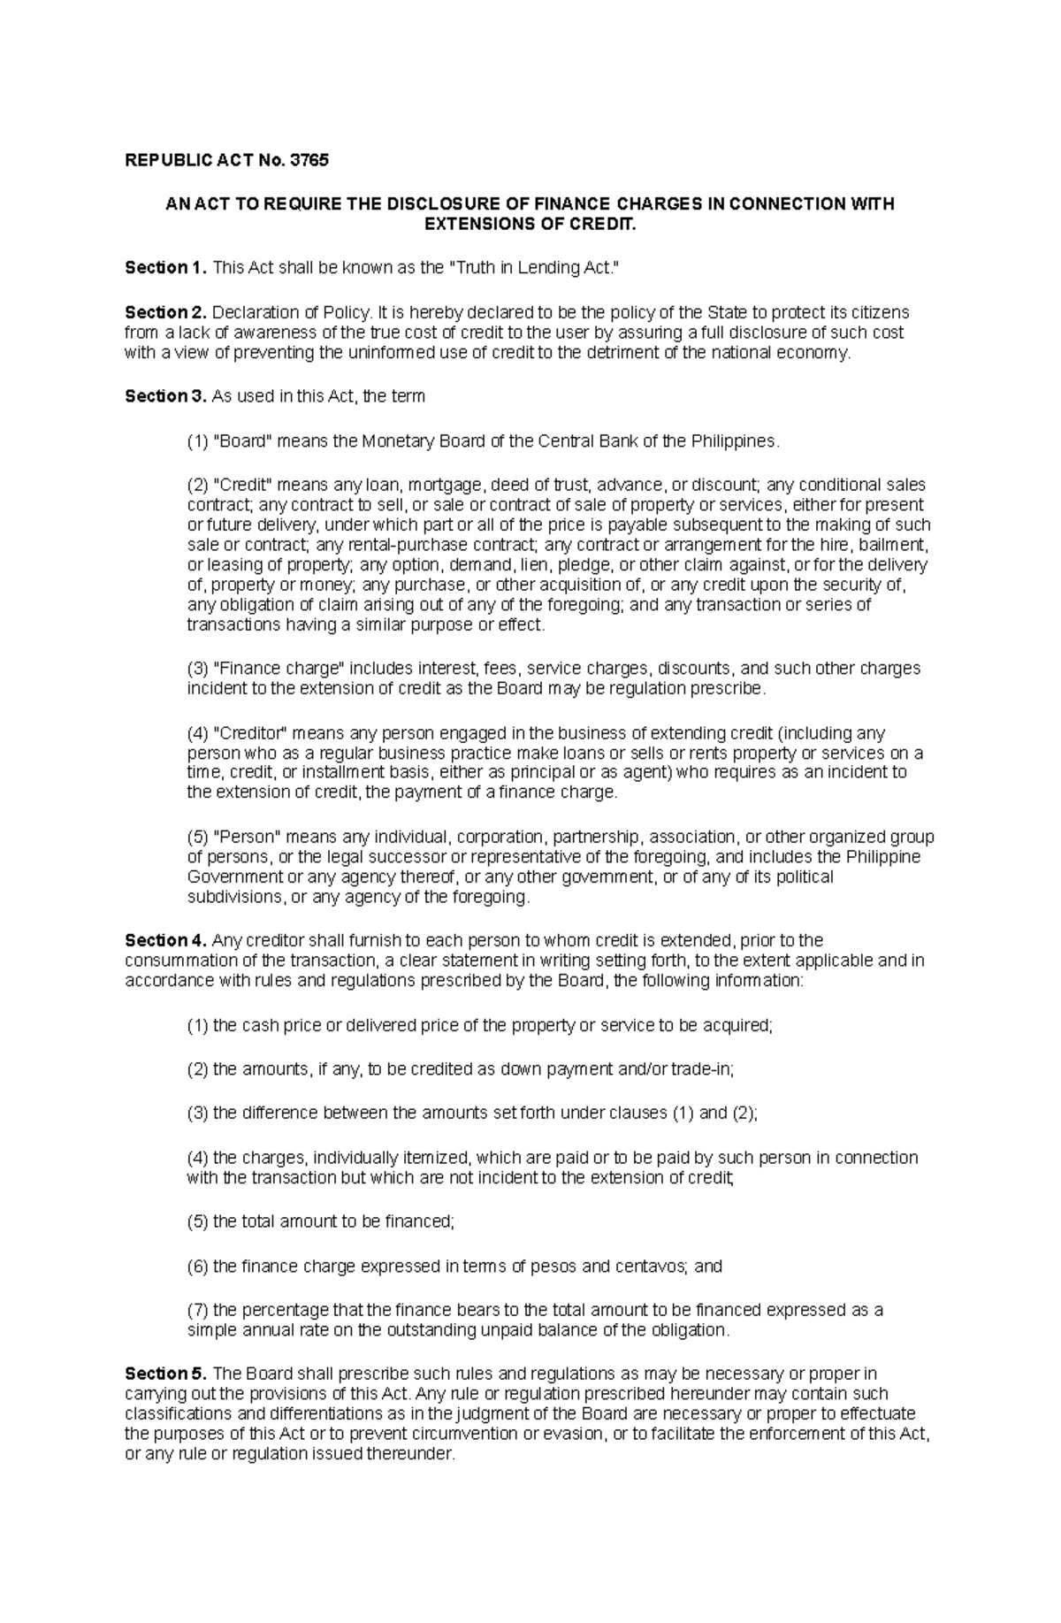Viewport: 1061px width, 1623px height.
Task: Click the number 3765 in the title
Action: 309,161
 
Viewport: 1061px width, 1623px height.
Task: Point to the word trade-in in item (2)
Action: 702,1069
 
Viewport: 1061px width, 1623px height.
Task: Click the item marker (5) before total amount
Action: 197,1221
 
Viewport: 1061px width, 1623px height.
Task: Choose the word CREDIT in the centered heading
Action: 606,225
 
